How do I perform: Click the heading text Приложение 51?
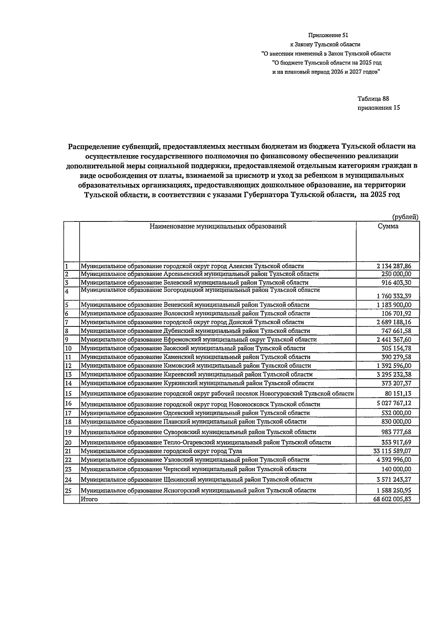point(328,35)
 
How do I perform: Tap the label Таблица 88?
point(373,99)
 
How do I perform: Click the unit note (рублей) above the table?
point(405,217)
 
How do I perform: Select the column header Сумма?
point(388,226)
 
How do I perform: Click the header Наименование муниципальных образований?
point(218,226)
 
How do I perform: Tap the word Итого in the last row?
point(89,499)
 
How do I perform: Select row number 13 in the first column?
point(68,375)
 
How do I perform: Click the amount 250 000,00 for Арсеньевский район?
point(396,274)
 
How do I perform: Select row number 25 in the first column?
point(68,490)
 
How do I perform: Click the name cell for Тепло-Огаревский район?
point(206,442)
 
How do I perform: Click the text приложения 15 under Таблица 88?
point(379,108)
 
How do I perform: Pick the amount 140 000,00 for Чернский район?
point(396,469)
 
